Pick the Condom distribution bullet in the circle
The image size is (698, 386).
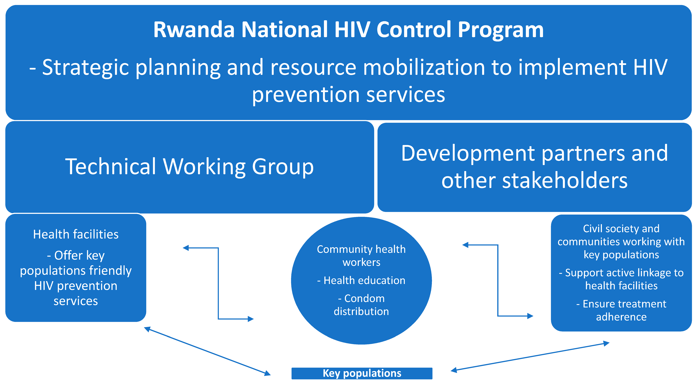[x=361, y=305]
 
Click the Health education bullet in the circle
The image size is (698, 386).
[x=361, y=280]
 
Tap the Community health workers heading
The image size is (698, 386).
[x=361, y=256]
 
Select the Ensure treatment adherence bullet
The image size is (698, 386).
[x=621, y=310]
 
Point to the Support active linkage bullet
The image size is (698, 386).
[x=621, y=279]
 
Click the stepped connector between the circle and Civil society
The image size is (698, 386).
[x=498, y=280]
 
